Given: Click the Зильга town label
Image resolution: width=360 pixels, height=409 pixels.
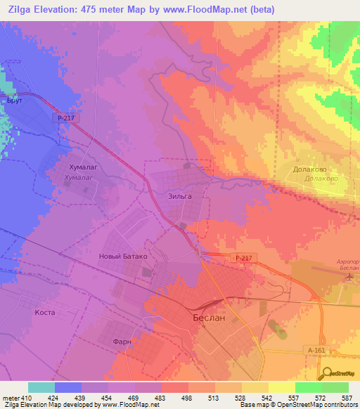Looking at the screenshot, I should point(180,197).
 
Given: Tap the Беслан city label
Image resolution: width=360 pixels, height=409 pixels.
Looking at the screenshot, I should point(209,318).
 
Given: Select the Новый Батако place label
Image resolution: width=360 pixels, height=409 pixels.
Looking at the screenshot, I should point(123,257).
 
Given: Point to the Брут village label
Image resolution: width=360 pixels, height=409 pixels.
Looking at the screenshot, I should point(14,101).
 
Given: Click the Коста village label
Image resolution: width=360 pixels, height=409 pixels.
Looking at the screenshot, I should point(44,312).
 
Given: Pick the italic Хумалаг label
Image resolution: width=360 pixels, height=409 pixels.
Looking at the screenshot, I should point(79,178).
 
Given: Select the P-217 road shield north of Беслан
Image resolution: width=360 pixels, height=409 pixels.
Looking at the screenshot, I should point(243,259).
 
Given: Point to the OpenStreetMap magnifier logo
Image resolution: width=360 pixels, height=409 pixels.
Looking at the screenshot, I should point(328,373).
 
